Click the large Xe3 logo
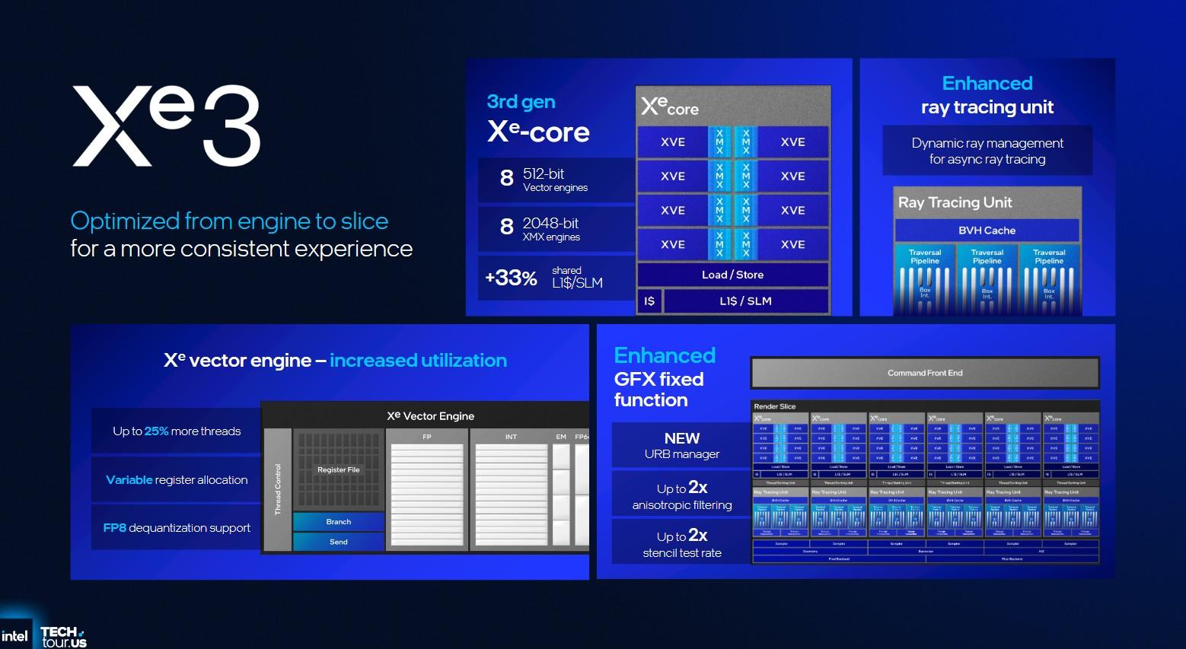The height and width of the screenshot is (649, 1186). [x=167, y=126]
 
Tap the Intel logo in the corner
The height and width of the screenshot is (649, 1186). [x=14, y=635]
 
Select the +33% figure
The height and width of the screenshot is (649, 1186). [x=511, y=278]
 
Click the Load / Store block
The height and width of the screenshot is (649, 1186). [x=732, y=275]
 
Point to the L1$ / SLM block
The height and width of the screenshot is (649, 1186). [x=745, y=301]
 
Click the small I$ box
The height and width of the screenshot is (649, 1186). [x=649, y=301]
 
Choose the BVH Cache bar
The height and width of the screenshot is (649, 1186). [x=987, y=231]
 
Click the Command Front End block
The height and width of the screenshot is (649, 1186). [x=925, y=373]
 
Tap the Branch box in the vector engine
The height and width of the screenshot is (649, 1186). [x=339, y=522]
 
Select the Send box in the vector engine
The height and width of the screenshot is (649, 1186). [x=339, y=542]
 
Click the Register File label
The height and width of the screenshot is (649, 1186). [x=338, y=470]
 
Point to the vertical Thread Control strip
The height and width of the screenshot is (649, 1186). [x=278, y=489]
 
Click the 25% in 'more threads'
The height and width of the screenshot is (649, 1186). [x=156, y=431]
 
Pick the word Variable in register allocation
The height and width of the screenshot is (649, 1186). [x=129, y=480]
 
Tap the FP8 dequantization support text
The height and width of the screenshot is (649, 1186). [x=177, y=528]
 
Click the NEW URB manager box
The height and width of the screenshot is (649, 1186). [x=681, y=446]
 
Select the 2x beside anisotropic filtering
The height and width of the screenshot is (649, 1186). [x=698, y=488]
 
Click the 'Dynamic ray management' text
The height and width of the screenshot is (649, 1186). [x=987, y=143]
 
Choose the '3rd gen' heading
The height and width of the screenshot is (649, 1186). [x=521, y=102]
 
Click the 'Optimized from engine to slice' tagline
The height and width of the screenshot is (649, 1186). [x=229, y=221]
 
